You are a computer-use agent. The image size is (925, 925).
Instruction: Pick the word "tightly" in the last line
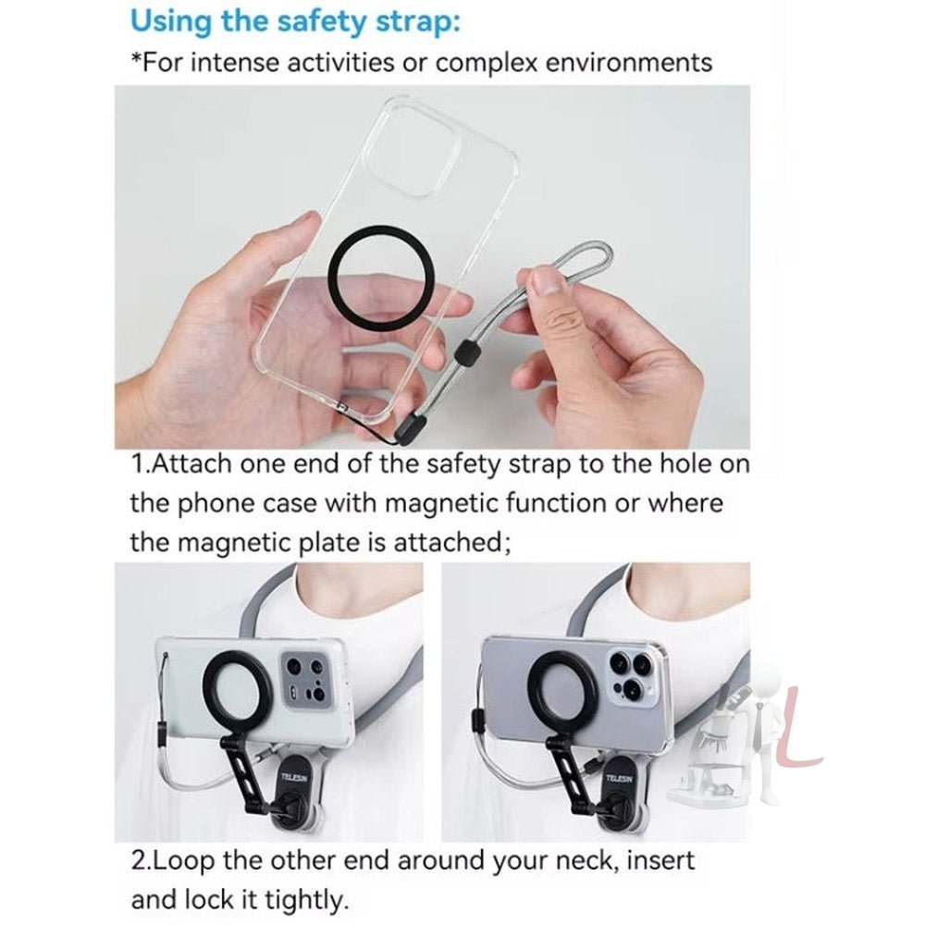[x=301, y=898]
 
